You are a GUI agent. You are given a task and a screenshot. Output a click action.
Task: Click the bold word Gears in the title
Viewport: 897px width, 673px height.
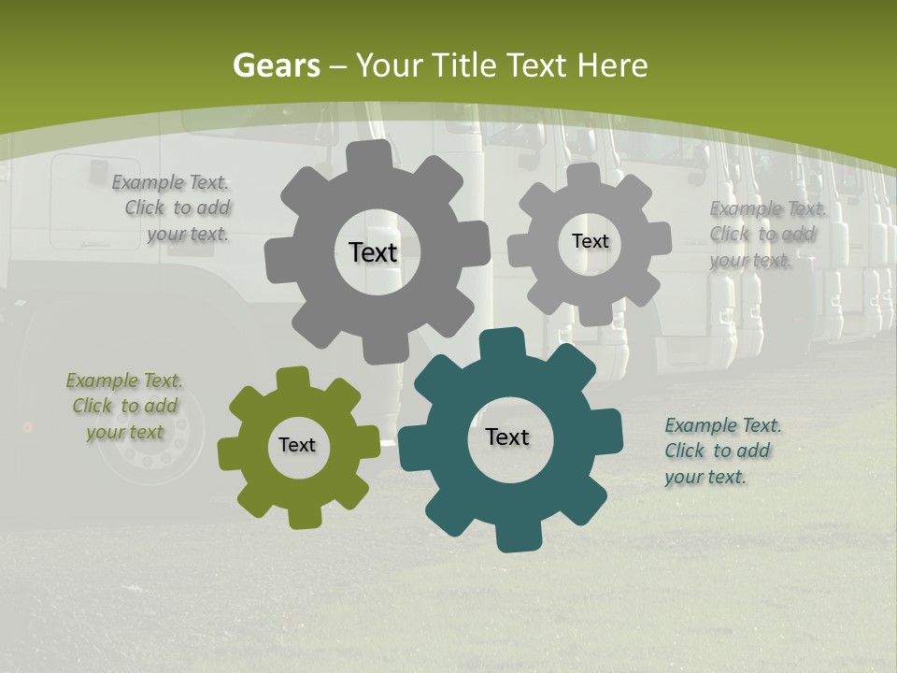click(x=276, y=65)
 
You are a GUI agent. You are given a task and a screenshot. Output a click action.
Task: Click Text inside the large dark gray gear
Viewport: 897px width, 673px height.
click(x=373, y=252)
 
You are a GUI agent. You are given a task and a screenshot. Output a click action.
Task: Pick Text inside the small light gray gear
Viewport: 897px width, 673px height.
click(x=590, y=241)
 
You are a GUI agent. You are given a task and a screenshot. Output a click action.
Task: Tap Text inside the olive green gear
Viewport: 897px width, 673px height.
click(x=297, y=446)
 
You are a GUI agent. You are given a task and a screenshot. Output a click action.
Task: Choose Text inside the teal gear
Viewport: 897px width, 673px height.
click(x=507, y=437)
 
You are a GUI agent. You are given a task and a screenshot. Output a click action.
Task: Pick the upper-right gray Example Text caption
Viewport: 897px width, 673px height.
click(x=766, y=235)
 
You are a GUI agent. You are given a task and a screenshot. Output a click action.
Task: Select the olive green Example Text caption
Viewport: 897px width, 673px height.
click(x=124, y=407)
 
